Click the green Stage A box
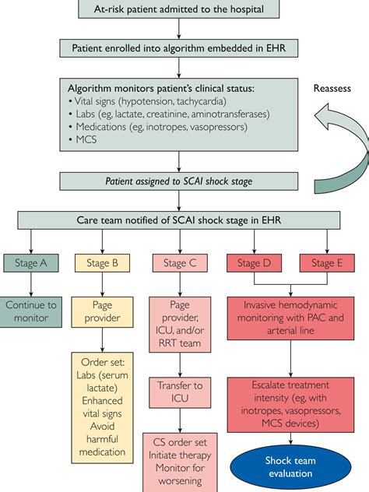(32, 263)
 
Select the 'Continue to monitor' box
(32, 311)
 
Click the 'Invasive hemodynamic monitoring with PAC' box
(291, 317)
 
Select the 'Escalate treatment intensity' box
(291, 402)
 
